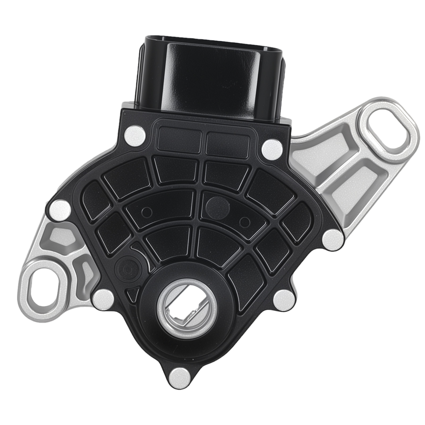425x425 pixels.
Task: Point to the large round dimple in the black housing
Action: [x=218, y=207]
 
